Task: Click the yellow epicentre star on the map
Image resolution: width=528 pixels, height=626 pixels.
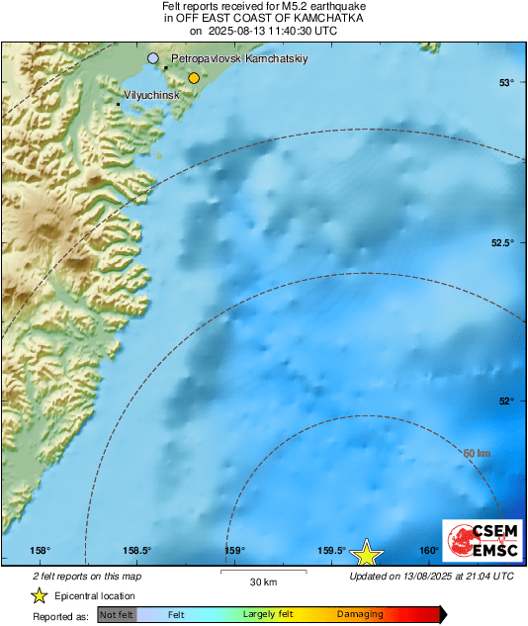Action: (x=367, y=553)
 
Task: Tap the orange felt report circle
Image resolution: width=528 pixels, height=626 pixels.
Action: (x=194, y=77)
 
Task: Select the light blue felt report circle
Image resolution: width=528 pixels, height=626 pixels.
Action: (x=152, y=59)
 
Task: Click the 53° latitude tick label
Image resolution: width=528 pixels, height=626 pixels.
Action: (x=505, y=82)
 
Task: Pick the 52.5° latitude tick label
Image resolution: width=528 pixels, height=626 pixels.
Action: (x=503, y=243)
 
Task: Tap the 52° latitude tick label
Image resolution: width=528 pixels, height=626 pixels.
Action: (x=505, y=401)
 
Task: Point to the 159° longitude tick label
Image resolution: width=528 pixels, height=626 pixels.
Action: (x=234, y=551)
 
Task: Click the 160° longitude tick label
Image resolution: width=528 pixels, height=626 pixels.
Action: (x=428, y=551)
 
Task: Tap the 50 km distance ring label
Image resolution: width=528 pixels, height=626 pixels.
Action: (x=478, y=453)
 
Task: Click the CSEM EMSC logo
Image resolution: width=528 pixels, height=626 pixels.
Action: (x=479, y=543)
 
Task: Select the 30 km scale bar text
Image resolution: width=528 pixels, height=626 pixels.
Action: (x=263, y=581)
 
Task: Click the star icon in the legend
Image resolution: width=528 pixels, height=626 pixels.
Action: (x=39, y=595)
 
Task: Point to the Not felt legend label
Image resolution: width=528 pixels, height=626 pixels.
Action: (x=117, y=615)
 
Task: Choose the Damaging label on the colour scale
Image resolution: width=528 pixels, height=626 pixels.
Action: (x=360, y=615)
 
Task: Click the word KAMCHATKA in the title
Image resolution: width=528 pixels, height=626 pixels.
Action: (x=318, y=18)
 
